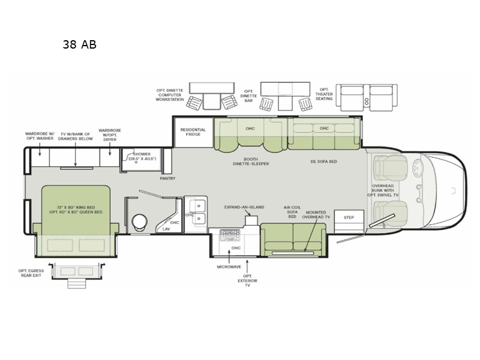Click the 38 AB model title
point(79,44)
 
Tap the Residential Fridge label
point(193,133)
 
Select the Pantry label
point(167,178)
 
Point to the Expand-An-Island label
point(244,207)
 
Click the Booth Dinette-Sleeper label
point(251,160)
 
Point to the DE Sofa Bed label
point(324,160)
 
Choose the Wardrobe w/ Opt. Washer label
point(39,136)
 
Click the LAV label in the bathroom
point(166,229)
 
